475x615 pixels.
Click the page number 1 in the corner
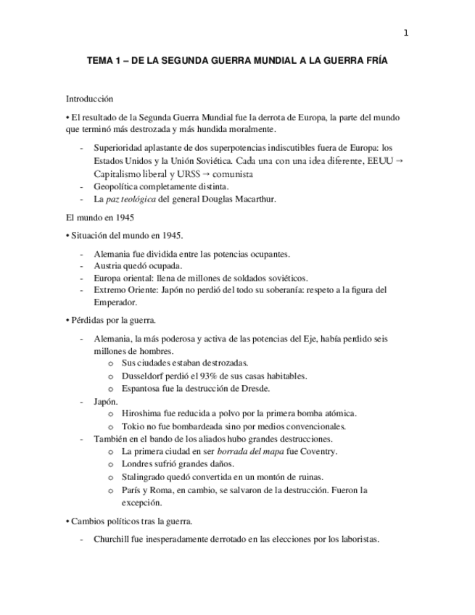405,32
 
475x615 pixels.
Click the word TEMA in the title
101,62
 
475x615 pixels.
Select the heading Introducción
89,99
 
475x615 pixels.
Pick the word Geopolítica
119,186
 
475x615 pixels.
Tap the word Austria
108,265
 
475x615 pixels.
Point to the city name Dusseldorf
145,376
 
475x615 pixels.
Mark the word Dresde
255,388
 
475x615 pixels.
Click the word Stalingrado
146,476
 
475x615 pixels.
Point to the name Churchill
114,539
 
